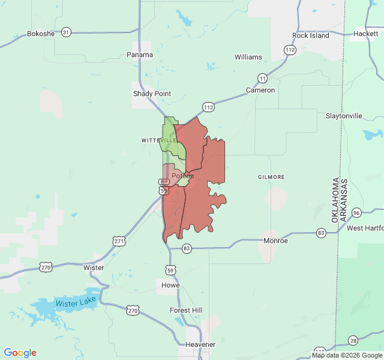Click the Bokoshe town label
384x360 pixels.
coord(41,34)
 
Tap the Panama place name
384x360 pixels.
coord(140,55)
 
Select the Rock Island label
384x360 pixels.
coord(311,35)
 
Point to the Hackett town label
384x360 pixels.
coord(365,34)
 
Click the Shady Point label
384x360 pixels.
coord(152,94)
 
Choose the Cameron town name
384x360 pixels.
coord(260,90)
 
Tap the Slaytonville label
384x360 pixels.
coord(344,115)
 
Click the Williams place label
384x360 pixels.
coord(248,57)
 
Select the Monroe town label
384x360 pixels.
coord(275,241)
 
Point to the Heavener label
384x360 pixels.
coord(200,344)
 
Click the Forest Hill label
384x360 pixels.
coord(186,310)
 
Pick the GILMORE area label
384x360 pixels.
coord(271,177)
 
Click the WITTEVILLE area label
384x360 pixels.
coord(159,140)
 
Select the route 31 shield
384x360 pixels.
coord(66,32)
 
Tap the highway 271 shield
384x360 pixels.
coord(119,241)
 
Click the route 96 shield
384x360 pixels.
coord(356,213)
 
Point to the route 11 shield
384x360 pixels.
coord(262,78)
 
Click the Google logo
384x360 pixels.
coord(20,353)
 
